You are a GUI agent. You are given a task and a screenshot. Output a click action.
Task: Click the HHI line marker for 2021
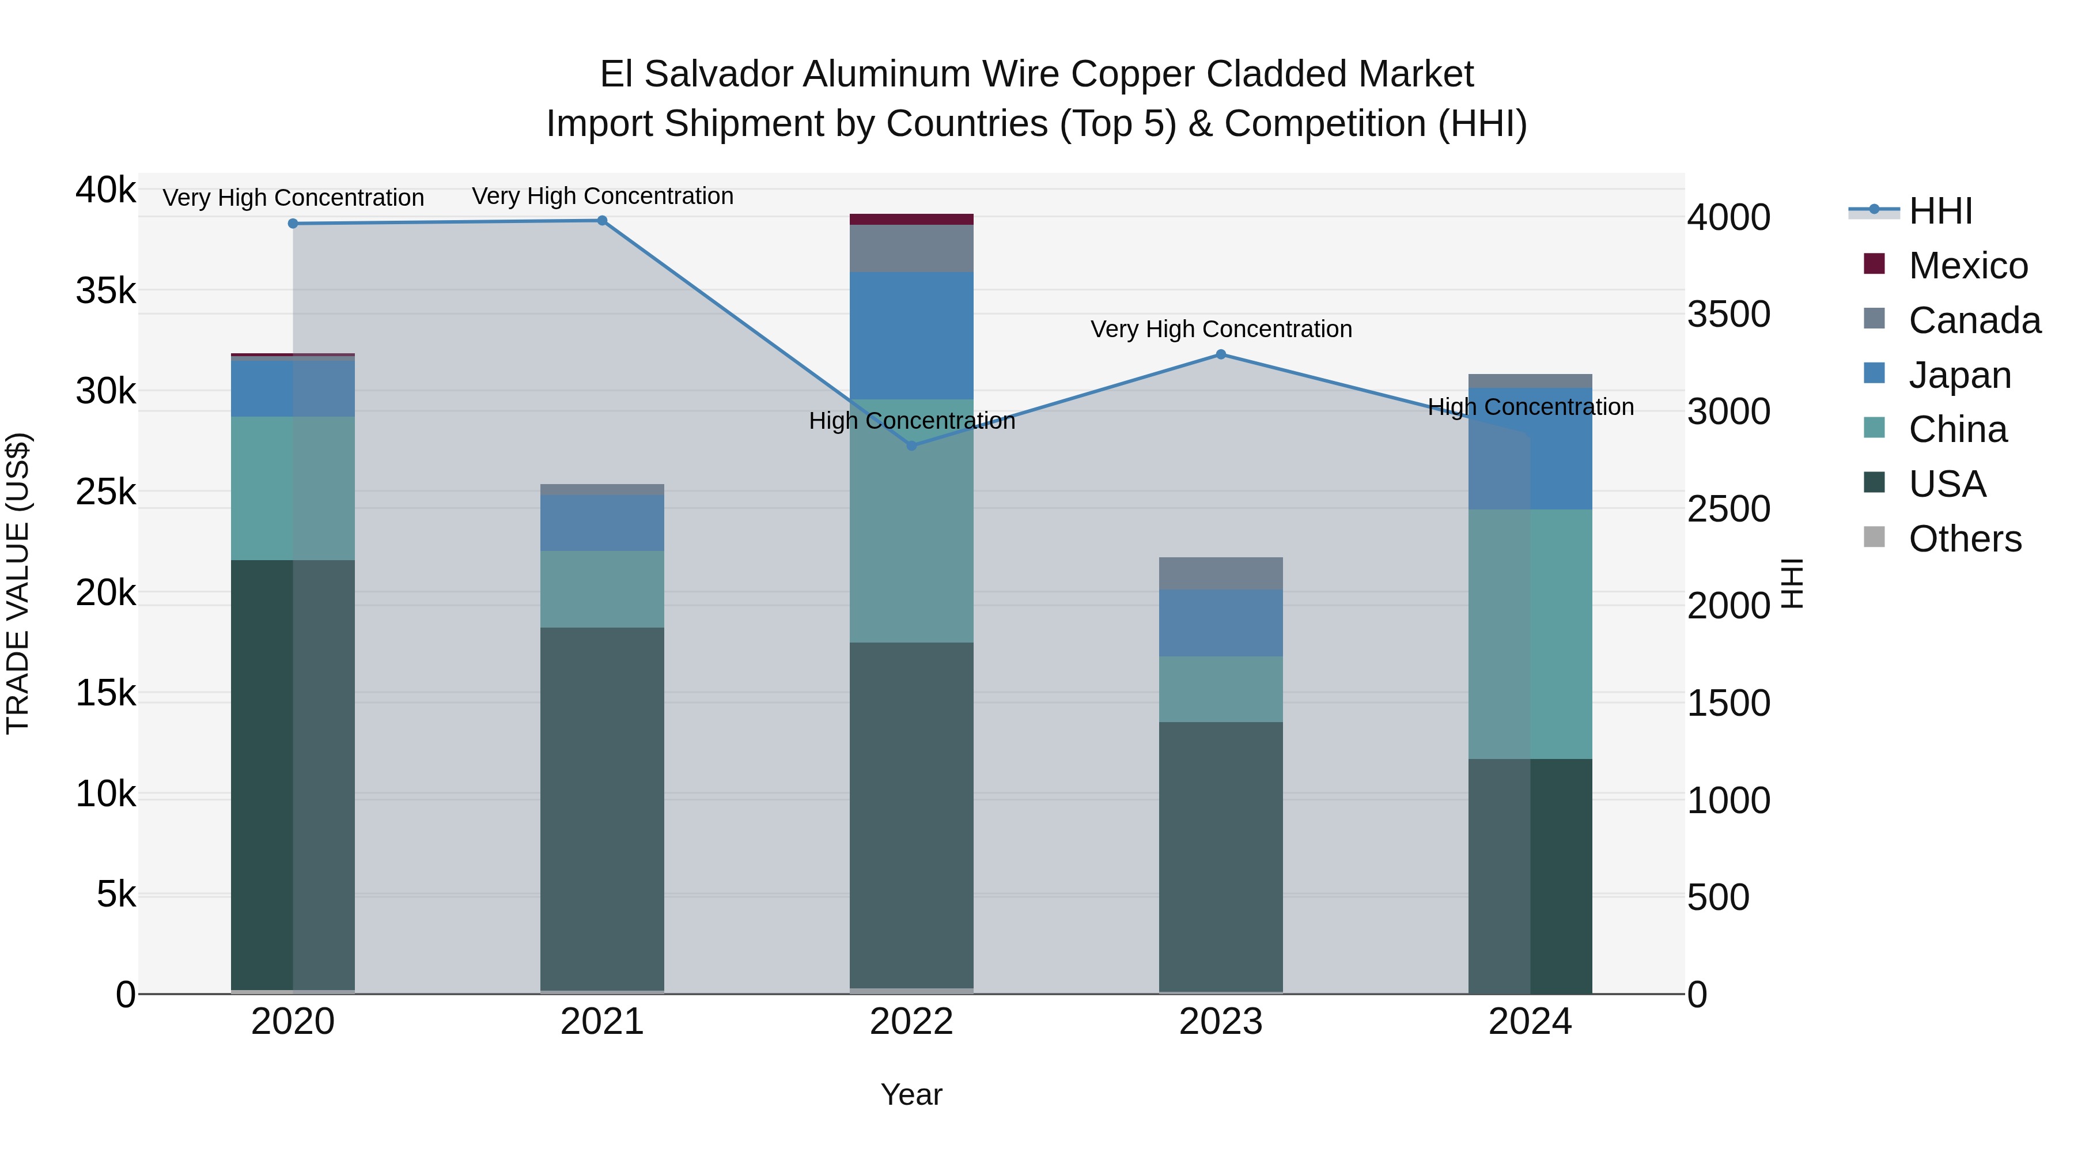602,221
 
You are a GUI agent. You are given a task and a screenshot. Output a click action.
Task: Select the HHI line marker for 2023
1221,354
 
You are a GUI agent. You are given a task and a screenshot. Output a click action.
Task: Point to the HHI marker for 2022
911,445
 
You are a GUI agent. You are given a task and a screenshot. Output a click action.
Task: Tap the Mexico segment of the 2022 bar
911,219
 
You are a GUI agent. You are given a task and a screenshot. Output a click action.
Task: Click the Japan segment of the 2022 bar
911,336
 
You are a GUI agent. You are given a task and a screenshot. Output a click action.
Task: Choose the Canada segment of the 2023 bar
1221,573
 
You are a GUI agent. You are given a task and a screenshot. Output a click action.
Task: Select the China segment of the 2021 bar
602,589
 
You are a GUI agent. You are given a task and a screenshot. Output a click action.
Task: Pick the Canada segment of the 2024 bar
1530,381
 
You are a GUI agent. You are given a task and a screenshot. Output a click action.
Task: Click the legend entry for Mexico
1968,266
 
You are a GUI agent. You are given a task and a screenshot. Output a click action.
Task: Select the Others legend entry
1965,539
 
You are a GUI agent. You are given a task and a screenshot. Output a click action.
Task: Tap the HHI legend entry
1940,211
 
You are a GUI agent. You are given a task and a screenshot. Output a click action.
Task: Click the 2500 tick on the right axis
1728,509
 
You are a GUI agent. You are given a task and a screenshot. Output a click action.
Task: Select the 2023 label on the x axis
1221,1022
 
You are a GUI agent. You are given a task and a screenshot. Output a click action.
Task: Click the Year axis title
911,1094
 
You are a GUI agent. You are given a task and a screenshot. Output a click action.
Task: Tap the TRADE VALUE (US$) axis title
18,583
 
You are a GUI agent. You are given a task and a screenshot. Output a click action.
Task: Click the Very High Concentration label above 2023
1221,330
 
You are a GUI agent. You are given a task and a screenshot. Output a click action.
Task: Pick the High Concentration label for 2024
1530,407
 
